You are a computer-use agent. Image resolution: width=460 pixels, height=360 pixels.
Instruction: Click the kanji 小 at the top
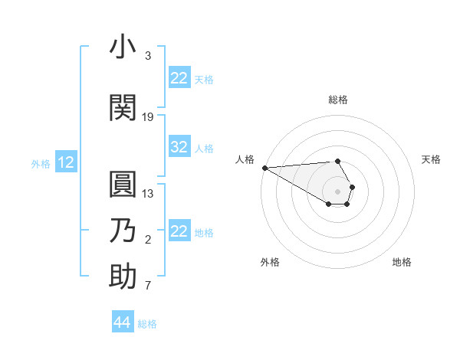pos(123,47)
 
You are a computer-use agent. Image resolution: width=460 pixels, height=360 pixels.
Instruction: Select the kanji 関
pos(123,108)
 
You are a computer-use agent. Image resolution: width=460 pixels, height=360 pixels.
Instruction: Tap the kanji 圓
pos(123,185)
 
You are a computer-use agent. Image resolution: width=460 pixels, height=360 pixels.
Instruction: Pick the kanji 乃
pos(123,231)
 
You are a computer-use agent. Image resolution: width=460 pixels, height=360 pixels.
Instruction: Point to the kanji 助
pos(123,277)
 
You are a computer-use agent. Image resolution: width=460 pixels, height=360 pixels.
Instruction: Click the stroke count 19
pos(148,117)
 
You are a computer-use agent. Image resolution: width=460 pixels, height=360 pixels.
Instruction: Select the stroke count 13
pos(148,193)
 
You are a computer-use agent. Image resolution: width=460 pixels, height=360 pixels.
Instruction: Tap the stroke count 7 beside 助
pos(148,286)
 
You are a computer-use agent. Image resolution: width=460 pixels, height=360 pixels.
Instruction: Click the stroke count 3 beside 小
pos(148,56)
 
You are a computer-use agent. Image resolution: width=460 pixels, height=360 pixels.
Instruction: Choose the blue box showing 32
pos(179,147)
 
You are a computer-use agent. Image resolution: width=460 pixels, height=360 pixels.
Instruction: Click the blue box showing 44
pos(122,322)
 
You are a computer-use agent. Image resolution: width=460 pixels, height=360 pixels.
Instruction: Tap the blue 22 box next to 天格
pos(179,78)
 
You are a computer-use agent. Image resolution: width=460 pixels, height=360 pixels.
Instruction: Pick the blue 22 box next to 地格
pos(179,231)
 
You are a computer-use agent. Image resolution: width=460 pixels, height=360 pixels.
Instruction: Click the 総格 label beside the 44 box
pos(147,324)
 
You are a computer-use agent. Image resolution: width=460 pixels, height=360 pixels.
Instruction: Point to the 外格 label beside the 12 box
pos(41,163)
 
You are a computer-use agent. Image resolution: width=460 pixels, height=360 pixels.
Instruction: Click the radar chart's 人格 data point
pos(264,168)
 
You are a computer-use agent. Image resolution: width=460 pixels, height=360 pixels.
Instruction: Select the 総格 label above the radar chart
pos(338,100)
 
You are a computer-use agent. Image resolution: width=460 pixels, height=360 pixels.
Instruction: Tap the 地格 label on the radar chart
pos(402,262)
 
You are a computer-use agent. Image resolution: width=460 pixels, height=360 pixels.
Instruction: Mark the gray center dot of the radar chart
pos(338,191)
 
